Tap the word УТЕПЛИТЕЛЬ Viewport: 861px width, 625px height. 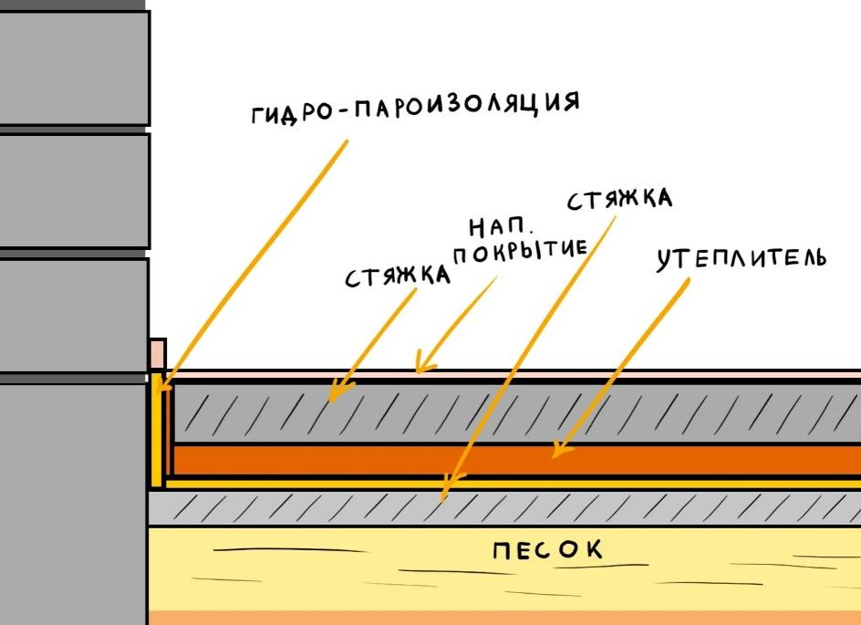pos(741,259)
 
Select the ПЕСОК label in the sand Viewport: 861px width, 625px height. pos(547,551)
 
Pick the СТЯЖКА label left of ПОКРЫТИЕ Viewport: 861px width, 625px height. pos(398,276)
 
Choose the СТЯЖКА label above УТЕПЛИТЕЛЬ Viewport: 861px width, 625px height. pos(619,199)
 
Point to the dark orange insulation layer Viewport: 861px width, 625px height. pos(365,460)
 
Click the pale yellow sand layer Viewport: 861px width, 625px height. pos(365,566)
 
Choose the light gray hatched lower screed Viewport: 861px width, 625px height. pos(638,507)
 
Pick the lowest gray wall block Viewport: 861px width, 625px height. pos(73,502)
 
